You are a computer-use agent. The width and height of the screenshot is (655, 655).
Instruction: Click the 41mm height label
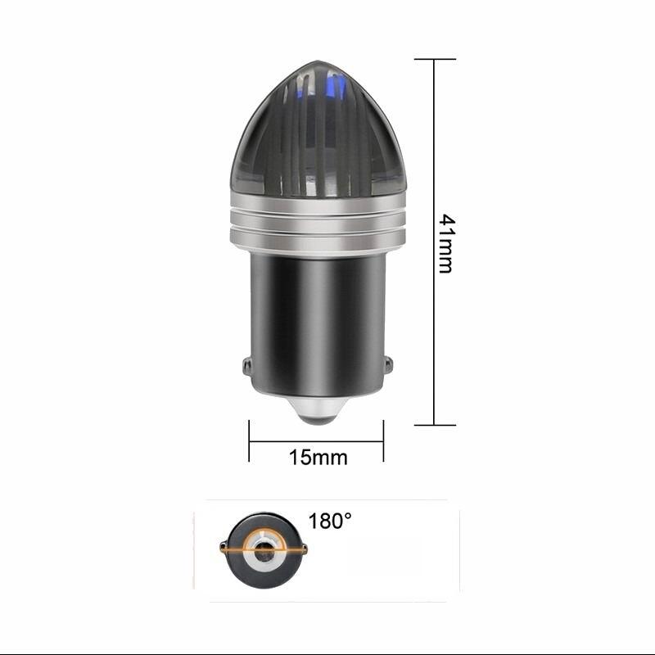point(447,244)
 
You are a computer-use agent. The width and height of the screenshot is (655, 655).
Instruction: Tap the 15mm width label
point(318,458)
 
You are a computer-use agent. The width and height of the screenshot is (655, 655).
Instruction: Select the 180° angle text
point(330,521)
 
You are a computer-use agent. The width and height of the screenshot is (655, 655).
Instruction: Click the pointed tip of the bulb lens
point(318,61)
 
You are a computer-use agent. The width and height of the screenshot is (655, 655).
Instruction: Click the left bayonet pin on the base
point(246,365)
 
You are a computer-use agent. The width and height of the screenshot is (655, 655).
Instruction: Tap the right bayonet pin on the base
point(388,365)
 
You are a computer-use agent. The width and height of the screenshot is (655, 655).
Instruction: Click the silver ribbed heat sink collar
point(318,223)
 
